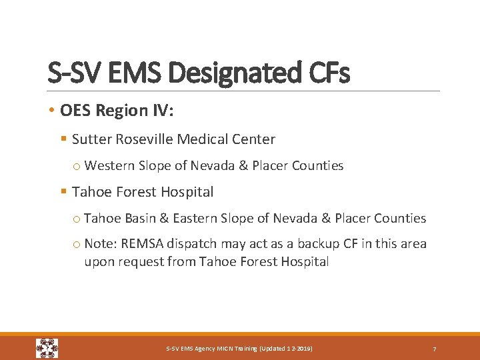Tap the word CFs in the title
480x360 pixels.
tap(327, 73)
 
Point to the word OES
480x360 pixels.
tap(76, 111)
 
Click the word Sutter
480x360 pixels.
tap(92, 139)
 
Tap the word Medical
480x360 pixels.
tap(205, 139)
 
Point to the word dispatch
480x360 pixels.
tap(193, 244)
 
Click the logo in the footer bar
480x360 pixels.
tap(47, 348)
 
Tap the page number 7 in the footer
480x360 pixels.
tap(435, 349)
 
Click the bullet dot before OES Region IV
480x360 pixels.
tap(52, 111)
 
